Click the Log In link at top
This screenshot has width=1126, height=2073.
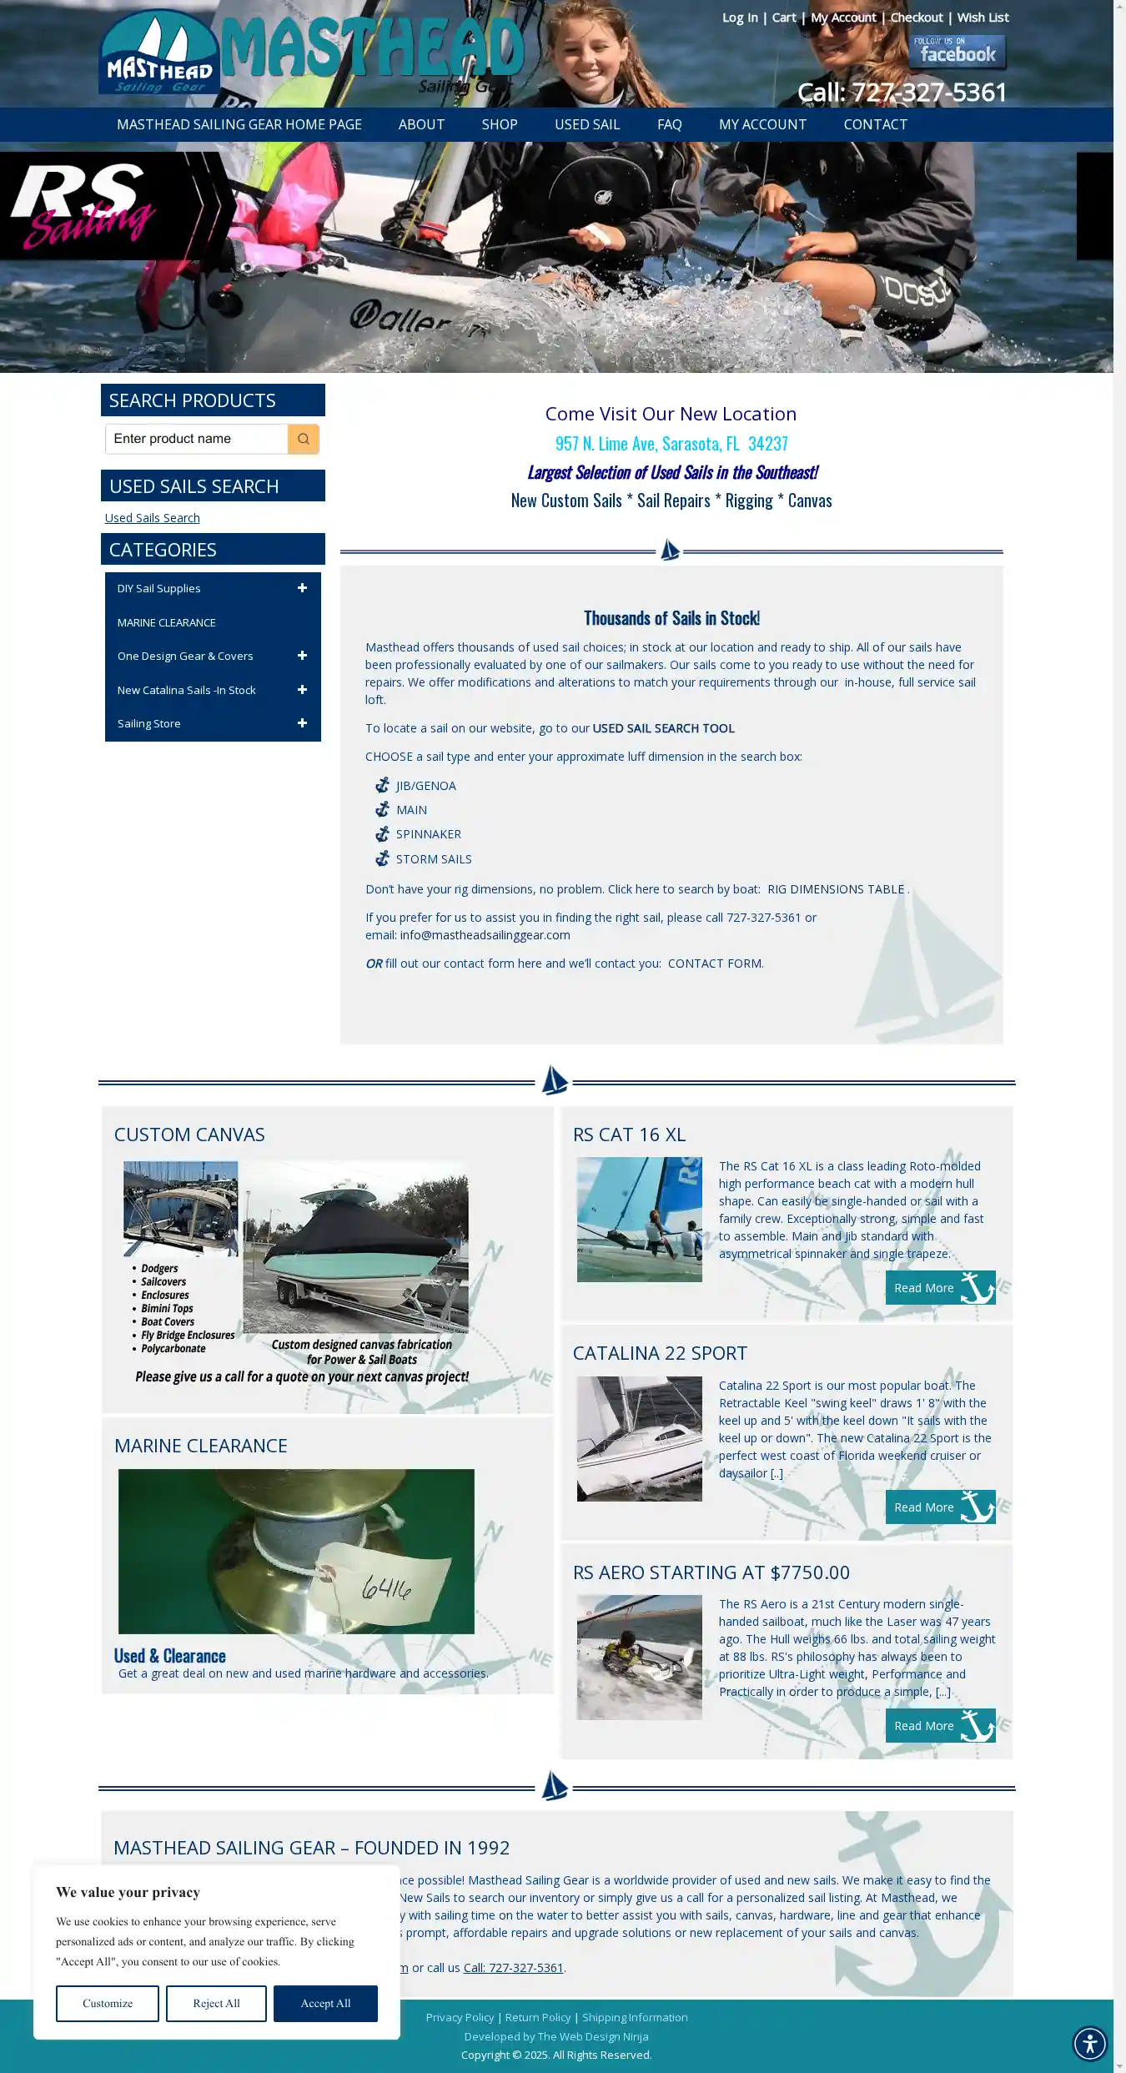[740, 18]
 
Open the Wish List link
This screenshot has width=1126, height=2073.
[983, 18]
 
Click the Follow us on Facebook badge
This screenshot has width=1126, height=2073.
[957, 52]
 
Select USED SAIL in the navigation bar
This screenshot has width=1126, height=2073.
[587, 124]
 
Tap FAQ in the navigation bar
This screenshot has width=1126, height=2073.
[669, 124]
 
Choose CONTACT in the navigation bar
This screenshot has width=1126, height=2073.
[875, 124]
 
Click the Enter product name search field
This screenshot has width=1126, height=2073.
[197, 439]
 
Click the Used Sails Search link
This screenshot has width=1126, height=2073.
[152, 518]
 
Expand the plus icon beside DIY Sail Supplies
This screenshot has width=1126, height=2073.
[302, 588]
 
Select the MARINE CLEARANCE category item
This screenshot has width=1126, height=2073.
[166, 622]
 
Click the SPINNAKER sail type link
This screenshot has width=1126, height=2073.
[428, 834]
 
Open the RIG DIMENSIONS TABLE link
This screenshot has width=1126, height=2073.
[835, 889]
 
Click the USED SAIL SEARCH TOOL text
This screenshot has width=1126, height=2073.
[663, 728]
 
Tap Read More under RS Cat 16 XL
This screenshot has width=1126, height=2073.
[940, 1288]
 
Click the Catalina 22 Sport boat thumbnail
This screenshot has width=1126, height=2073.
[639, 1439]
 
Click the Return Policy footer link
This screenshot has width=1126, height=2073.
[537, 2017]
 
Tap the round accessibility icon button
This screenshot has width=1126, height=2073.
[1089, 2043]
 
